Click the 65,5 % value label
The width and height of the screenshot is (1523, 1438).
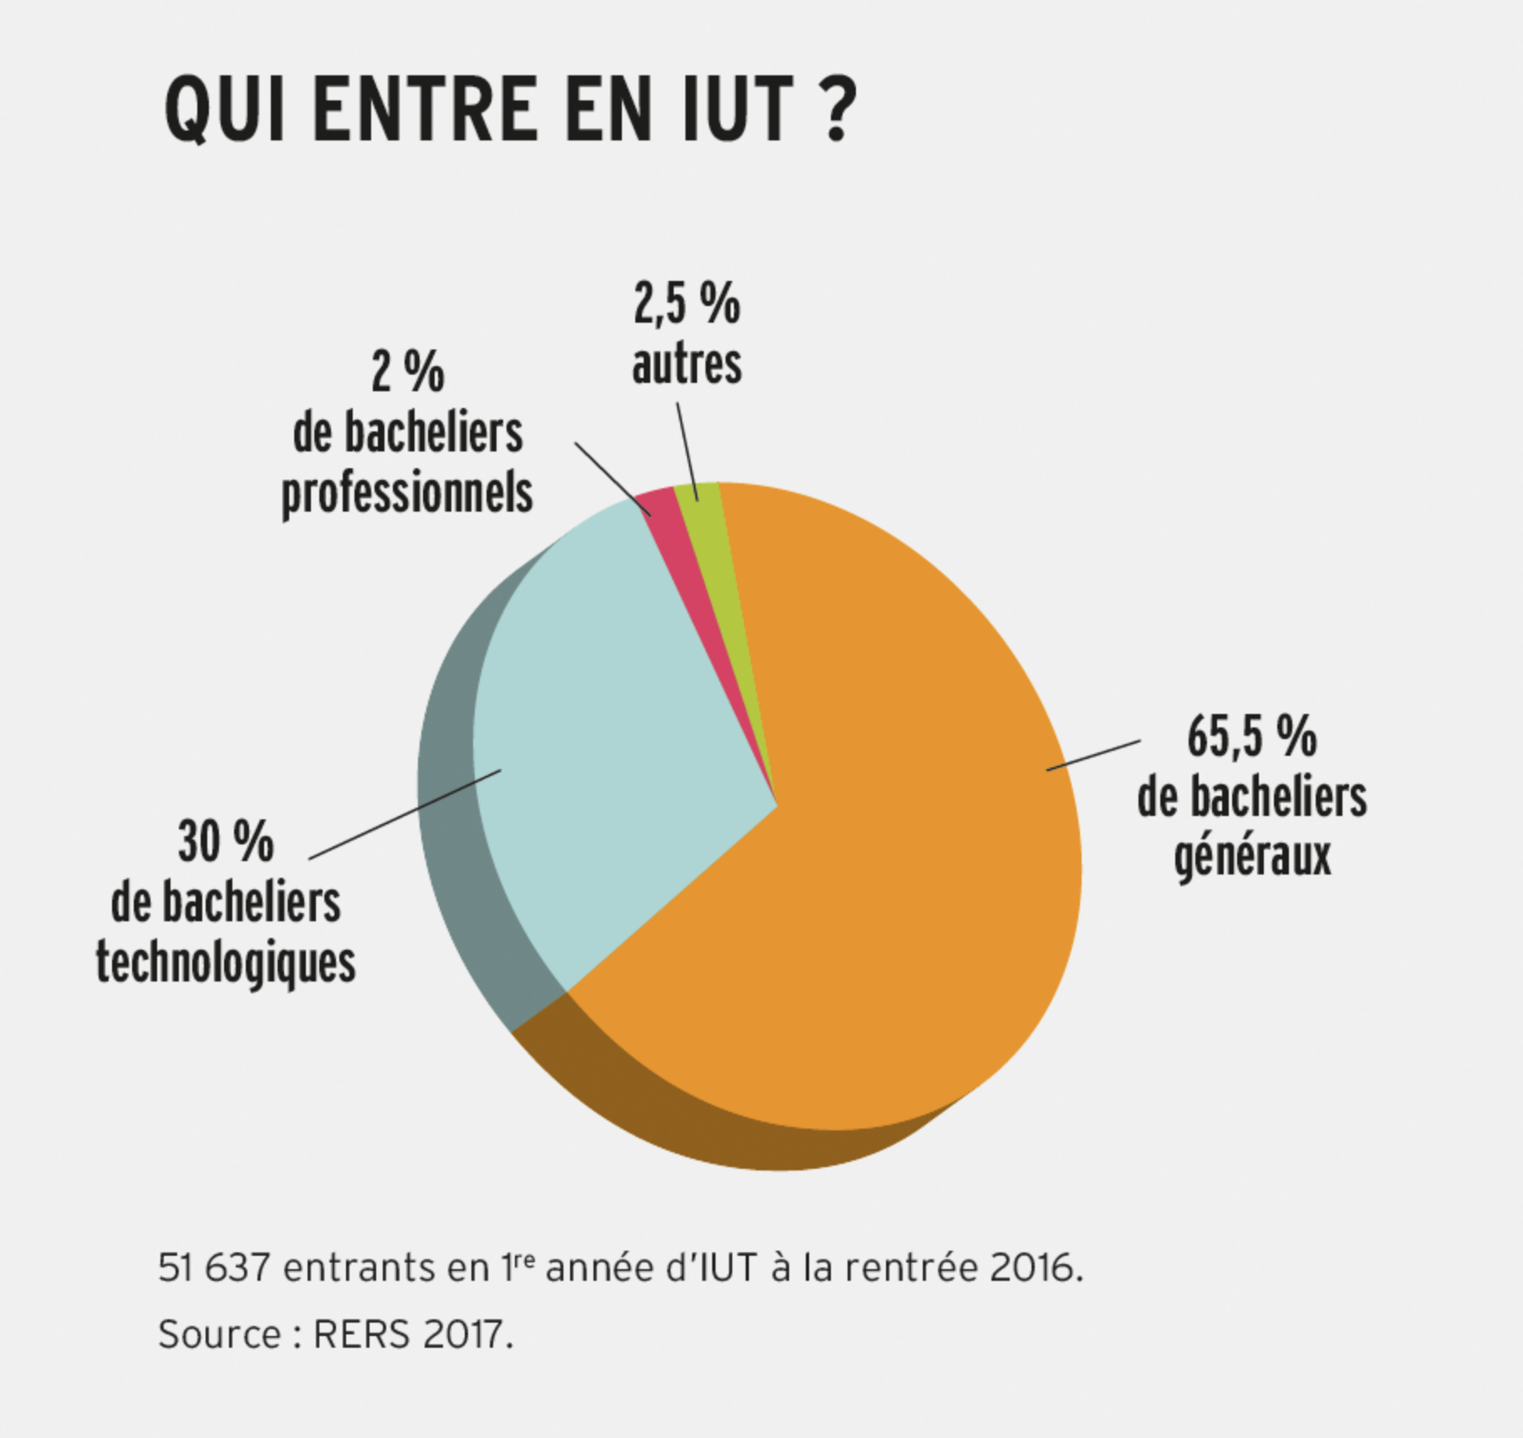1251,737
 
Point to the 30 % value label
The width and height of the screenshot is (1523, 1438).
226,842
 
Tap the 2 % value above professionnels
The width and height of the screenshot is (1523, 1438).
408,372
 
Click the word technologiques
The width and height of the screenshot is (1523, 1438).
226,964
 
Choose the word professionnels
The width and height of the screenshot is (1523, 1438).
407,493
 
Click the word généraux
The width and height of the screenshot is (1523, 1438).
1252,858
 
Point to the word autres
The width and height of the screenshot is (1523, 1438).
686,365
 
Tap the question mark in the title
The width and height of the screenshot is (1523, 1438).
836,110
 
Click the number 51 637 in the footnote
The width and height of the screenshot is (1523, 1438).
214,1268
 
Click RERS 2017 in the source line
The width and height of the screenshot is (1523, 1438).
409,1333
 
